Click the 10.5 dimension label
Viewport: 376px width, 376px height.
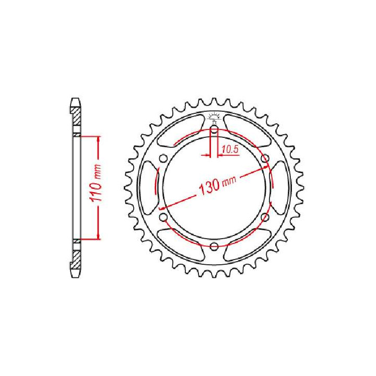click(230, 149)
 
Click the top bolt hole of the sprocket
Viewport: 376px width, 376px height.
click(214, 130)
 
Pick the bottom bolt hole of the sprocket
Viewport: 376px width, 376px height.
click(214, 246)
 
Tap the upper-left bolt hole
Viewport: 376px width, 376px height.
click(163, 159)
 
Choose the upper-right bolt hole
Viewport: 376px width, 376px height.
click(265, 159)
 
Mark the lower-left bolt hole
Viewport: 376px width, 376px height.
click(163, 217)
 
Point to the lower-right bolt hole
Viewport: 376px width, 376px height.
click(265, 217)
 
